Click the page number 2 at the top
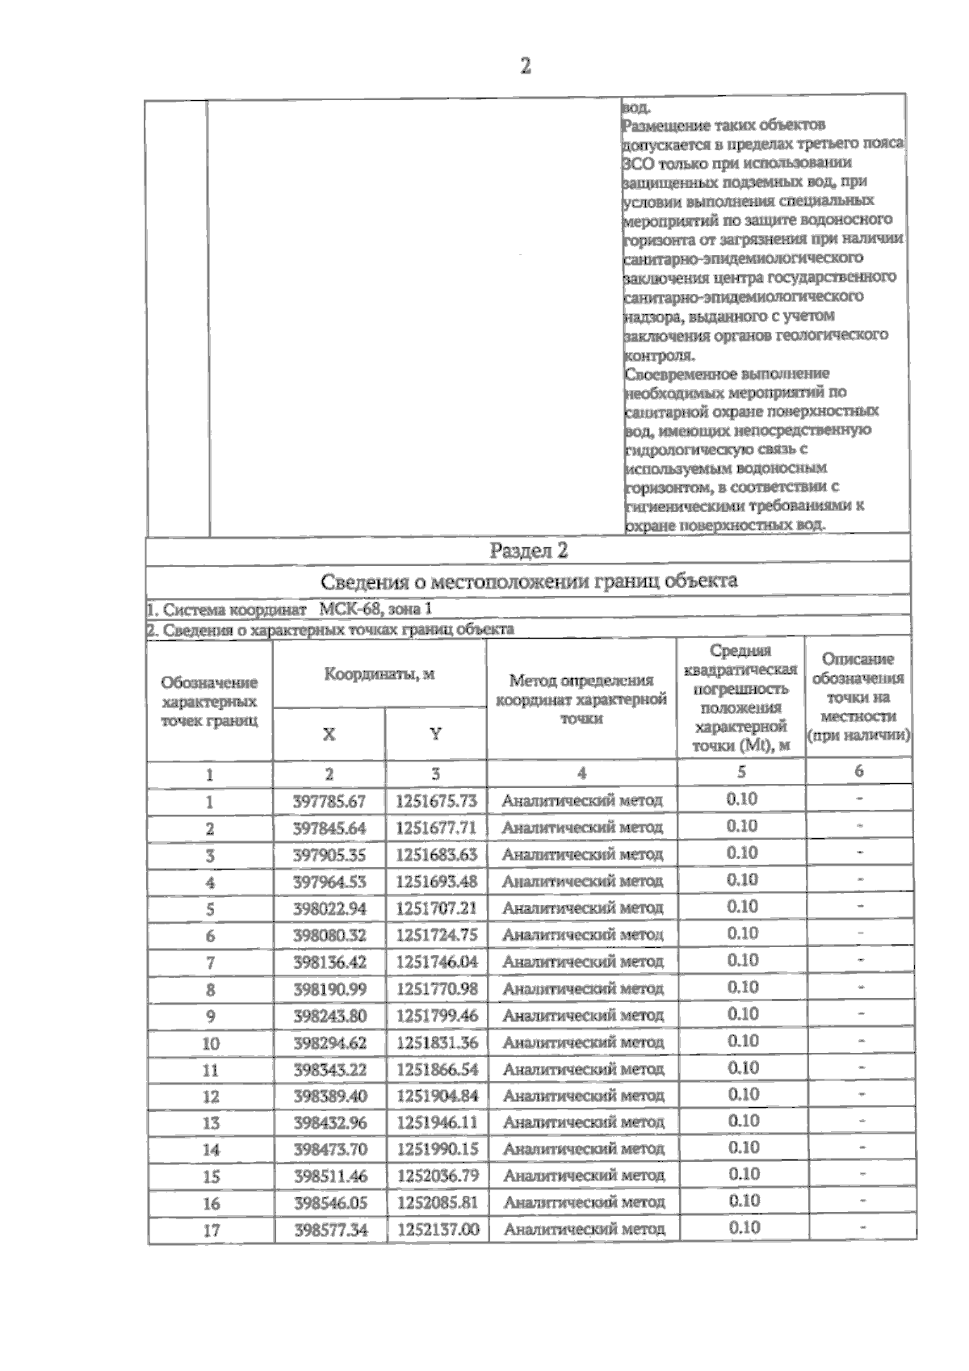(x=525, y=66)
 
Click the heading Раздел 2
(x=529, y=551)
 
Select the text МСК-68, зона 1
(x=376, y=610)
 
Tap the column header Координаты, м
(x=380, y=674)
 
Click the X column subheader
(x=329, y=734)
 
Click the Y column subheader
(x=435, y=734)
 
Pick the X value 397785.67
(x=329, y=801)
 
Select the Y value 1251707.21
(x=437, y=908)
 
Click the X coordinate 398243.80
(x=329, y=1016)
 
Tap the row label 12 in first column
(x=211, y=1096)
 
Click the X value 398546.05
(x=330, y=1203)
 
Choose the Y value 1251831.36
(x=437, y=1042)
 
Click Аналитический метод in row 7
(x=582, y=962)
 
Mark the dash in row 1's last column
(x=860, y=799)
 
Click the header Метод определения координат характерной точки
(x=581, y=699)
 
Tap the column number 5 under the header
(x=741, y=772)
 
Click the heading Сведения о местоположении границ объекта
(x=529, y=581)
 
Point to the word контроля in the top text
(x=659, y=354)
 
